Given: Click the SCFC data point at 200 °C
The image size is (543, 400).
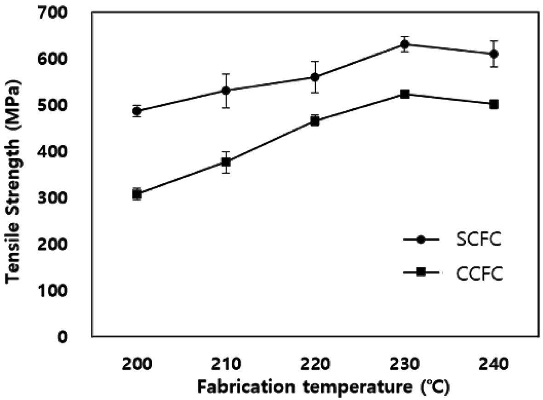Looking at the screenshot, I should tap(137, 111).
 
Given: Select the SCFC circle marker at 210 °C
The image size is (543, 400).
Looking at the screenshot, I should tap(226, 91).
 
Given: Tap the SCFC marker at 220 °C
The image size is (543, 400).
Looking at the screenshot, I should tap(315, 77).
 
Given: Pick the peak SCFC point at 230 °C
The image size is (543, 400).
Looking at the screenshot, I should tap(405, 44).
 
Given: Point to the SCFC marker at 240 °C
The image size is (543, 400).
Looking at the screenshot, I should tap(494, 54).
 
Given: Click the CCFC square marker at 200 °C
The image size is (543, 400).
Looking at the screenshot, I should tap(137, 194).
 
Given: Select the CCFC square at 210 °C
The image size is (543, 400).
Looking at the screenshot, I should tap(226, 162).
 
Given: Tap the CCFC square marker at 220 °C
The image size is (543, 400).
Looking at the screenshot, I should tap(315, 121).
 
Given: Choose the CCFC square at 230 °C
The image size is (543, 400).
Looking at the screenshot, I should tap(405, 94).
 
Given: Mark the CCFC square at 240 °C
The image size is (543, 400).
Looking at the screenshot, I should tap(494, 104).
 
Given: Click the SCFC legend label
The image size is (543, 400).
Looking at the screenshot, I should tap(478, 241).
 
